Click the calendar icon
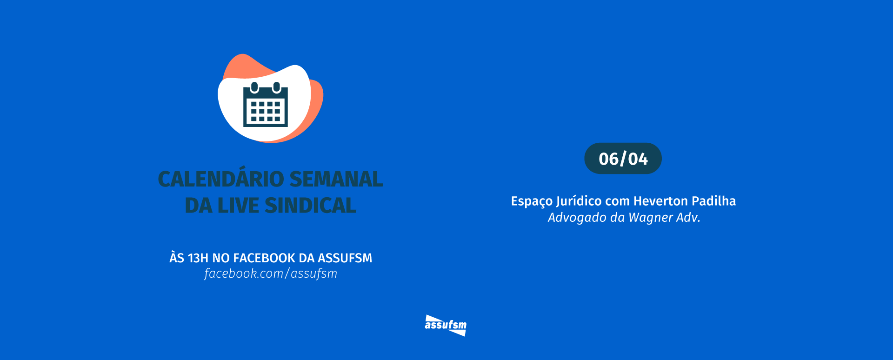[266, 107]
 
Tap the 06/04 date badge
[623, 159]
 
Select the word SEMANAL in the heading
[336, 179]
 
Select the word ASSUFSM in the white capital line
[345, 258]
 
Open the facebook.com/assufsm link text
[271, 273]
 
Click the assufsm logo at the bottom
[446, 325]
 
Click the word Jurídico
[579, 201]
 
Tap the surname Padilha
[714, 201]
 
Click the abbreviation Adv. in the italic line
[688, 218]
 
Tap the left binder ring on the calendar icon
[254, 87]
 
